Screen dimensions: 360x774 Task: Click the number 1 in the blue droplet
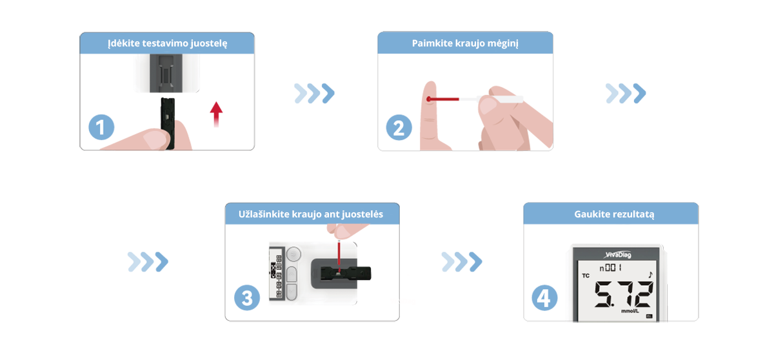pos(100,127)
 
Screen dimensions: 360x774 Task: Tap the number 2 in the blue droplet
pos(399,128)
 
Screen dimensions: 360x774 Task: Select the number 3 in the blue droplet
pos(247,298)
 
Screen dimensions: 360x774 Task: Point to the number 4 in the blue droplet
pos(544,298)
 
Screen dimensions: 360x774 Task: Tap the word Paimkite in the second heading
pos(430,44)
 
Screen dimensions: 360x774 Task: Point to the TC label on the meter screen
pos(586,275)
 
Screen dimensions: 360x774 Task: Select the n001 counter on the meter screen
pos(611,267)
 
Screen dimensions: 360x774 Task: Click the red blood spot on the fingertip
pos(428,99)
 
